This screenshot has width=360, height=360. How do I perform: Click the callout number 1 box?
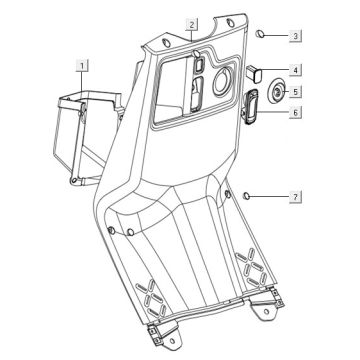coord(82,65)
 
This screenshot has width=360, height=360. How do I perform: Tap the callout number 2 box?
coord(192,25)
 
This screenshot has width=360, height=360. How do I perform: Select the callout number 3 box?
coord(295,36)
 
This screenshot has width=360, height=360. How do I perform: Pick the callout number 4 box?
coord(295,70)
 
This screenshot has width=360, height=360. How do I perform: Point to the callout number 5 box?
coord(295,91)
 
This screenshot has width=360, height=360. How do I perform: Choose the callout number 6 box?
coord(295,112)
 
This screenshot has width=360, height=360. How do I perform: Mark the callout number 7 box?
coord(295,197)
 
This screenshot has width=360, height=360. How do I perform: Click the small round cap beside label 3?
coord(260,34)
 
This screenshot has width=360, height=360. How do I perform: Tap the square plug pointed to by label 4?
coord(254,74)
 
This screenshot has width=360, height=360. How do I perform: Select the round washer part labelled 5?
coord(277,90)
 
